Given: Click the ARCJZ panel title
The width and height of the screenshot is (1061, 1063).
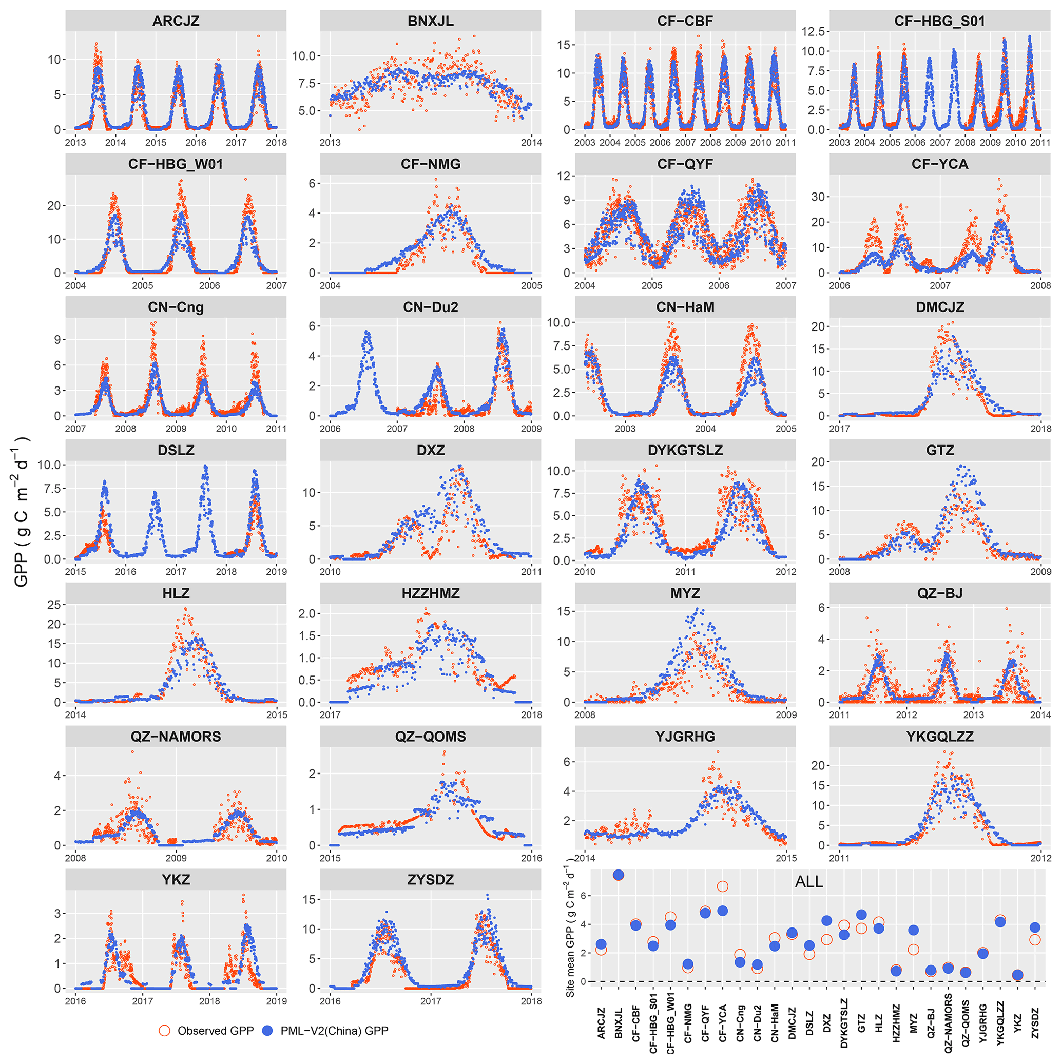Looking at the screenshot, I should pos(176,22).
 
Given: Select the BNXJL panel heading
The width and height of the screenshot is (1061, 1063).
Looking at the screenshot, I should pos(430,22).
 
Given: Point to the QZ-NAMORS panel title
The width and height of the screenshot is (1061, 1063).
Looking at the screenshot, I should pos(176,737).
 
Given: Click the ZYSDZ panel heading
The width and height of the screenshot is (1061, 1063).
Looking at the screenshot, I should pos(430,880).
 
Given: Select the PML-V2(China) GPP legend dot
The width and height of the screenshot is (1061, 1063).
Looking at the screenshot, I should pos(267,1031).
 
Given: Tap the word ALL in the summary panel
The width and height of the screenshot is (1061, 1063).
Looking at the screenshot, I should pos(808,882).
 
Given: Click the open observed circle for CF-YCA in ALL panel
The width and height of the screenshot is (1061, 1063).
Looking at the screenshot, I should pos(723,886).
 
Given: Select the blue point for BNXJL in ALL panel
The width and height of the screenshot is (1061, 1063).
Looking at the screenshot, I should pos(618,875).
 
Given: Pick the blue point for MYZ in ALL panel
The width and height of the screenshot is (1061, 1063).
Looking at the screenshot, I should pos(914,930).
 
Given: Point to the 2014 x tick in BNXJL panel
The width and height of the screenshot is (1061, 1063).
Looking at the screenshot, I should pos(532,143).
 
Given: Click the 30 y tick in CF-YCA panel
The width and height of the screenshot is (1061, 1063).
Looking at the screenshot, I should pos(820,197).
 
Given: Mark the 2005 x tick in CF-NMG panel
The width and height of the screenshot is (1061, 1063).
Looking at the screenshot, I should pos(532,285).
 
